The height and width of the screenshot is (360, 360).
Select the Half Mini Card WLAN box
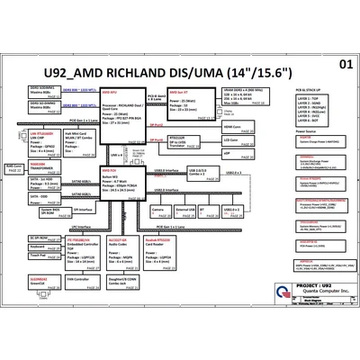point(73,135)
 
